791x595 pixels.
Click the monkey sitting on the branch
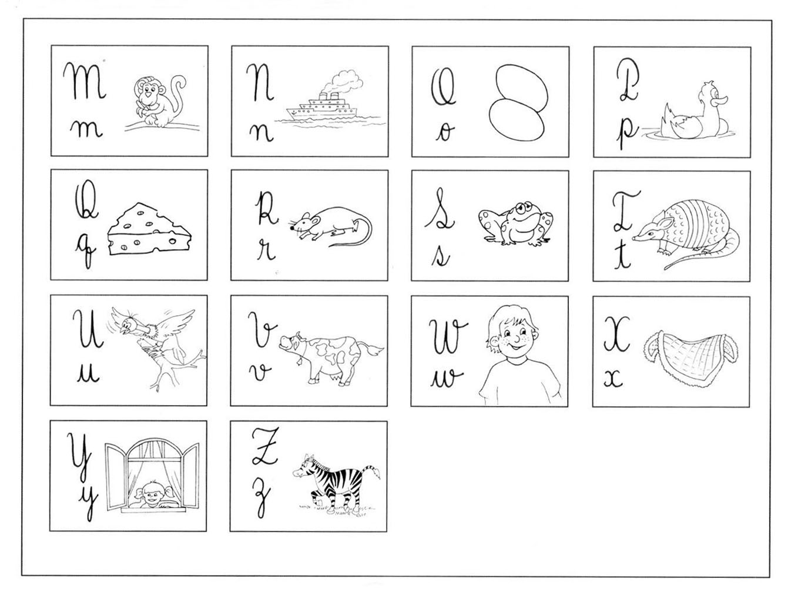(158, 101)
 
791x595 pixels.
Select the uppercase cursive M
(85, 81)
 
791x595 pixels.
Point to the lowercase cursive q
(86, 252)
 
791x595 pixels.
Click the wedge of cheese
(149, 229)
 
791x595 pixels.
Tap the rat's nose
(291, 228)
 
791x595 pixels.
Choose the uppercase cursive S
(440, 209)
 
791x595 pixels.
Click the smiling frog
(516, 223)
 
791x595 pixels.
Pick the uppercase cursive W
(448, 336)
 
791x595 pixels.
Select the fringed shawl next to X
(691, 358)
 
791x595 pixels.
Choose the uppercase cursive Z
(266, 447)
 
